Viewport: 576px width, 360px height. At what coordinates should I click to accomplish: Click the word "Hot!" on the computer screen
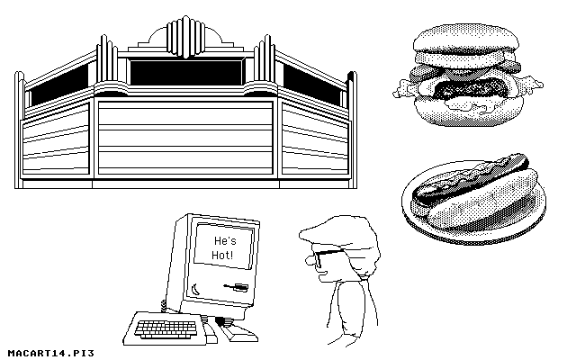221,256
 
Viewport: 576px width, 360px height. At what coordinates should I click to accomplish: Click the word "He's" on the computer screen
222,241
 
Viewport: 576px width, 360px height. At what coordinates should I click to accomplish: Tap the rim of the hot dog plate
423,220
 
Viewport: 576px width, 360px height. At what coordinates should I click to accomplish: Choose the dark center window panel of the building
187,71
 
